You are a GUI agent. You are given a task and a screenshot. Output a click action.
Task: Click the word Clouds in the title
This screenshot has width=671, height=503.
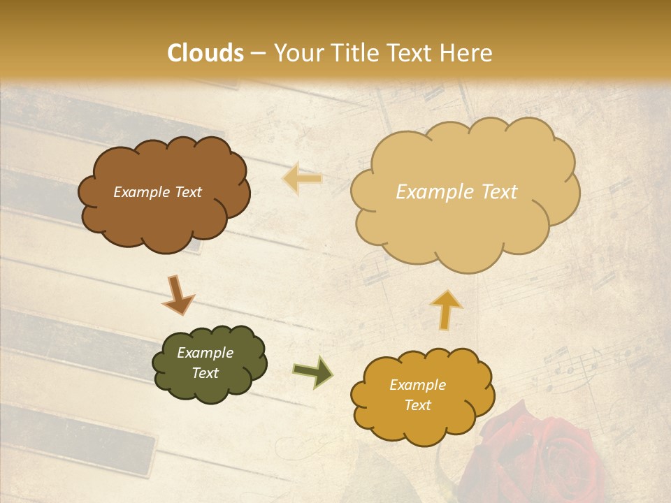pyautogui.click(x=206, y=53)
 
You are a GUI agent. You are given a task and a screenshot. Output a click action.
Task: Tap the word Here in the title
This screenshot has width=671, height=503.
pyautogui.click(x=466, y=53)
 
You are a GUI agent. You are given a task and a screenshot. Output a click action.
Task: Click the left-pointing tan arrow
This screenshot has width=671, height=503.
pyautogui.click(x=302, y=178)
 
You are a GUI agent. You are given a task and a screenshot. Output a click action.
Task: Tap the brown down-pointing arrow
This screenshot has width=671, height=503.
pyautogui.click(x=178, y=295)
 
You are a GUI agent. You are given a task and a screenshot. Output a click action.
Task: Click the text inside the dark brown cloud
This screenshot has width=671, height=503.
pyautogui.click(x=157, y=192)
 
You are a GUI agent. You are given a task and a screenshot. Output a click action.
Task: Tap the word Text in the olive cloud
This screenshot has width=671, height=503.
pyautogui.click(x=205, y=374)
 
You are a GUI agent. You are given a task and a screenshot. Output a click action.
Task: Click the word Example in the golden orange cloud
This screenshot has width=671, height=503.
pyautogui.click(x=417, y=385)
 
